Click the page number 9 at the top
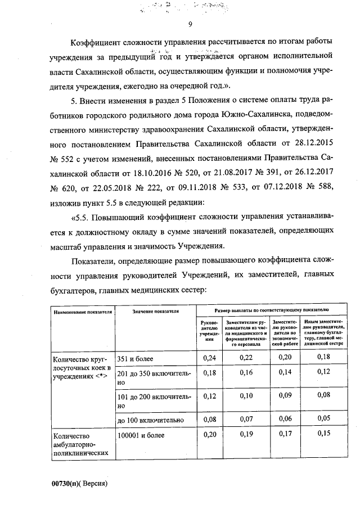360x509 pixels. point(190,24)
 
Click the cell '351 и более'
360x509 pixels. point(135,357)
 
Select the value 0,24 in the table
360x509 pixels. point(209,357)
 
